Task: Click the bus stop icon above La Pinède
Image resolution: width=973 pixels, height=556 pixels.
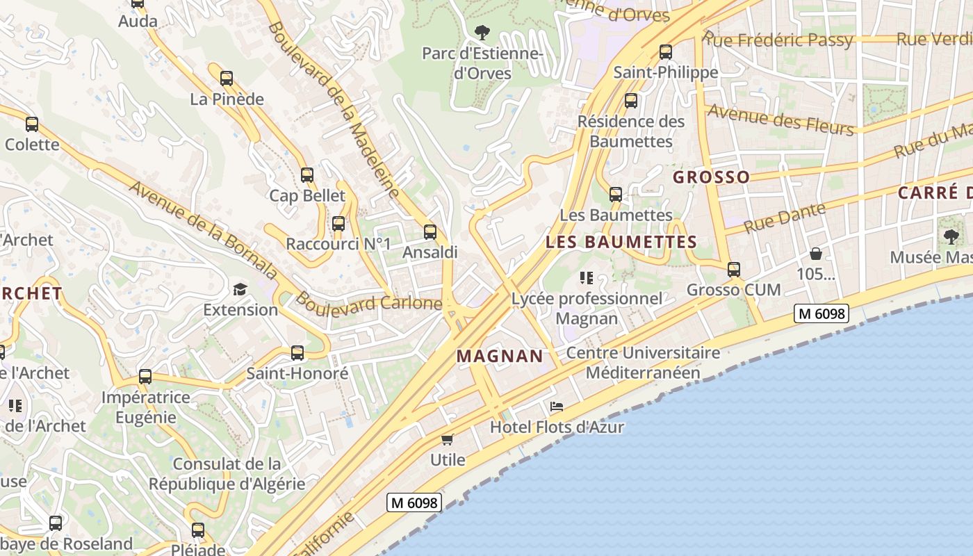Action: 226,79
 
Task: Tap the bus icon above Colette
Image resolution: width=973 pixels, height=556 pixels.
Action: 32,124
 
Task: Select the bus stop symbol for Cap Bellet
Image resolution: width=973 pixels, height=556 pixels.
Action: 307,175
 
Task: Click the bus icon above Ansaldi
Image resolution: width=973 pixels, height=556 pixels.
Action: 430,232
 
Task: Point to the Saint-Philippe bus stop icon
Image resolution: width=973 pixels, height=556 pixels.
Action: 666,52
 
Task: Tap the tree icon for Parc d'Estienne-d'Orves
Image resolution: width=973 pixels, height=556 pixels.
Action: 481,32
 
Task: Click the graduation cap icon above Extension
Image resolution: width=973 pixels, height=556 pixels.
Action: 240,289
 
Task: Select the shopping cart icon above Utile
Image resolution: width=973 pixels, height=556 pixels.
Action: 448,440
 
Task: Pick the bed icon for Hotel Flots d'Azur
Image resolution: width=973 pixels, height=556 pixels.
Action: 557,407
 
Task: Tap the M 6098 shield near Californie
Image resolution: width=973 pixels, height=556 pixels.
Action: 414,502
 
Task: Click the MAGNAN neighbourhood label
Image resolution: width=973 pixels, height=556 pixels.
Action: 500,357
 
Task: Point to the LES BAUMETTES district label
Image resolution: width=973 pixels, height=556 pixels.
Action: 621,242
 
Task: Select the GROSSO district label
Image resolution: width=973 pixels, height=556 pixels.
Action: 711,177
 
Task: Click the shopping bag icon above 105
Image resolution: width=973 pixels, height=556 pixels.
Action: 816,254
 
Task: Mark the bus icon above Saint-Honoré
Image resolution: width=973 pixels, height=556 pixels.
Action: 297,353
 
